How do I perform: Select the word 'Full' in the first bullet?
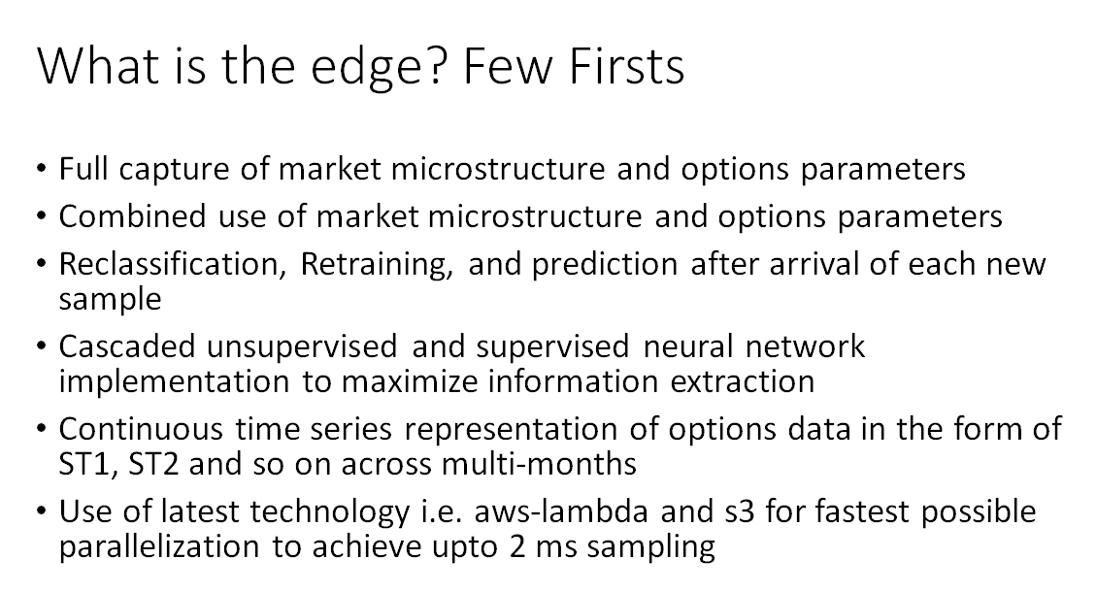click(83, 169)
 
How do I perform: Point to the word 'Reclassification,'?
click(173, 265)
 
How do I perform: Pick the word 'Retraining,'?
click(377, 265)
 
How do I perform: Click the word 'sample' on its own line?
click(110, 300)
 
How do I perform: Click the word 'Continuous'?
click(141, 429)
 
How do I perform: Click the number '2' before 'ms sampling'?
click(517, 546)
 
